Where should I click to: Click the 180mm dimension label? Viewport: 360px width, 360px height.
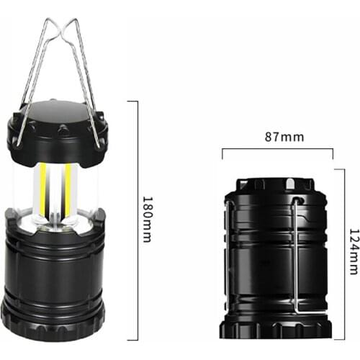click(146, 219)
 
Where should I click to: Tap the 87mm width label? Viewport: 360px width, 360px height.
click(277, 136)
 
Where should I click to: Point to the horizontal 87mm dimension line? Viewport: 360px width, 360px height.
click(277, 149)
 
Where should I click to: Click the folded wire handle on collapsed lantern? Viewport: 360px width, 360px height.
click(296, 252)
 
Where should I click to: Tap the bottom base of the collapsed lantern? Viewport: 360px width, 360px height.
click(277, 328)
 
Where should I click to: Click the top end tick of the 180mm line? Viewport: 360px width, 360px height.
click(133, 101)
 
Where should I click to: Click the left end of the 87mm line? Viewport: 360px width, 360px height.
click(222, 151)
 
